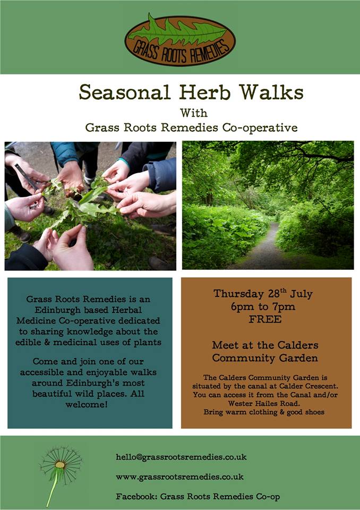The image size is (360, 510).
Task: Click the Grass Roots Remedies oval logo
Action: point(180,40)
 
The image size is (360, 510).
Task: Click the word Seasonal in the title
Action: point(125,92)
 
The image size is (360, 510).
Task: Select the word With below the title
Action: point(194,113)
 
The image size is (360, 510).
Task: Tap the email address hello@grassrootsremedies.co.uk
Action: point(181,457)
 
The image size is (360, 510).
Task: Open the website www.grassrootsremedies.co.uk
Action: point(179,477)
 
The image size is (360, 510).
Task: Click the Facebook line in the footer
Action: point(198,497)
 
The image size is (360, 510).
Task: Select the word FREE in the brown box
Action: point(265,319)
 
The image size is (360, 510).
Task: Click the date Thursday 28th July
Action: point(263,294)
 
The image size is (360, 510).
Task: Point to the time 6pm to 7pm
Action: point(263,307)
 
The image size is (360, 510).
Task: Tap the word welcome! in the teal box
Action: point(86,405)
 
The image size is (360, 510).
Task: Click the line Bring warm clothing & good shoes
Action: point(264,412)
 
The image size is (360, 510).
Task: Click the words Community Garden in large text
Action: point(265,358)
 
